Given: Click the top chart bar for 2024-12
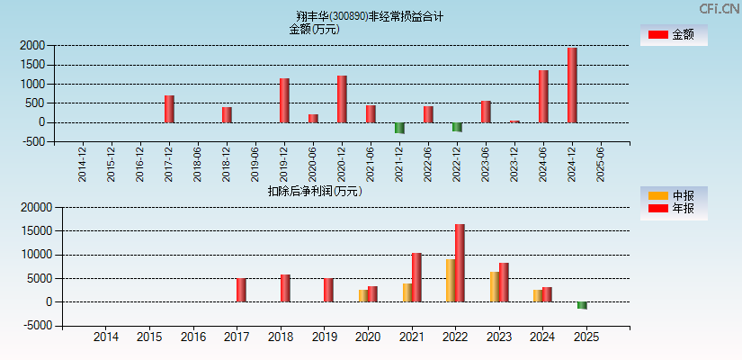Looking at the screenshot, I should [572, 85].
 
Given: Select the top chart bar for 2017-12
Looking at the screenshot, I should [169, 109].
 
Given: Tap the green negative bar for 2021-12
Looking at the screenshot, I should [399, 128].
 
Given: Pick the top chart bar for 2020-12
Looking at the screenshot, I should [342, 99].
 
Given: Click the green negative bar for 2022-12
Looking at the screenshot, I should [457, 127].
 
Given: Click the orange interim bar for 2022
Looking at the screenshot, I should [450, 280].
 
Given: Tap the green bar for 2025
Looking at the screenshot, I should [582, 305].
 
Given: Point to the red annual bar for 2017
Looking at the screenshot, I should [241, 290].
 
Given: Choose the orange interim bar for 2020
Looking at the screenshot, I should [363, 295].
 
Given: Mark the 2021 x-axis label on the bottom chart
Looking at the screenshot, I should [411, 337].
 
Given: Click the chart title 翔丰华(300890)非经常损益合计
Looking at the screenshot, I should [370, 16].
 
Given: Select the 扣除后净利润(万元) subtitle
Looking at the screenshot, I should [315, 191].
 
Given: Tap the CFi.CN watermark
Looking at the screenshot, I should [718, 8].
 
